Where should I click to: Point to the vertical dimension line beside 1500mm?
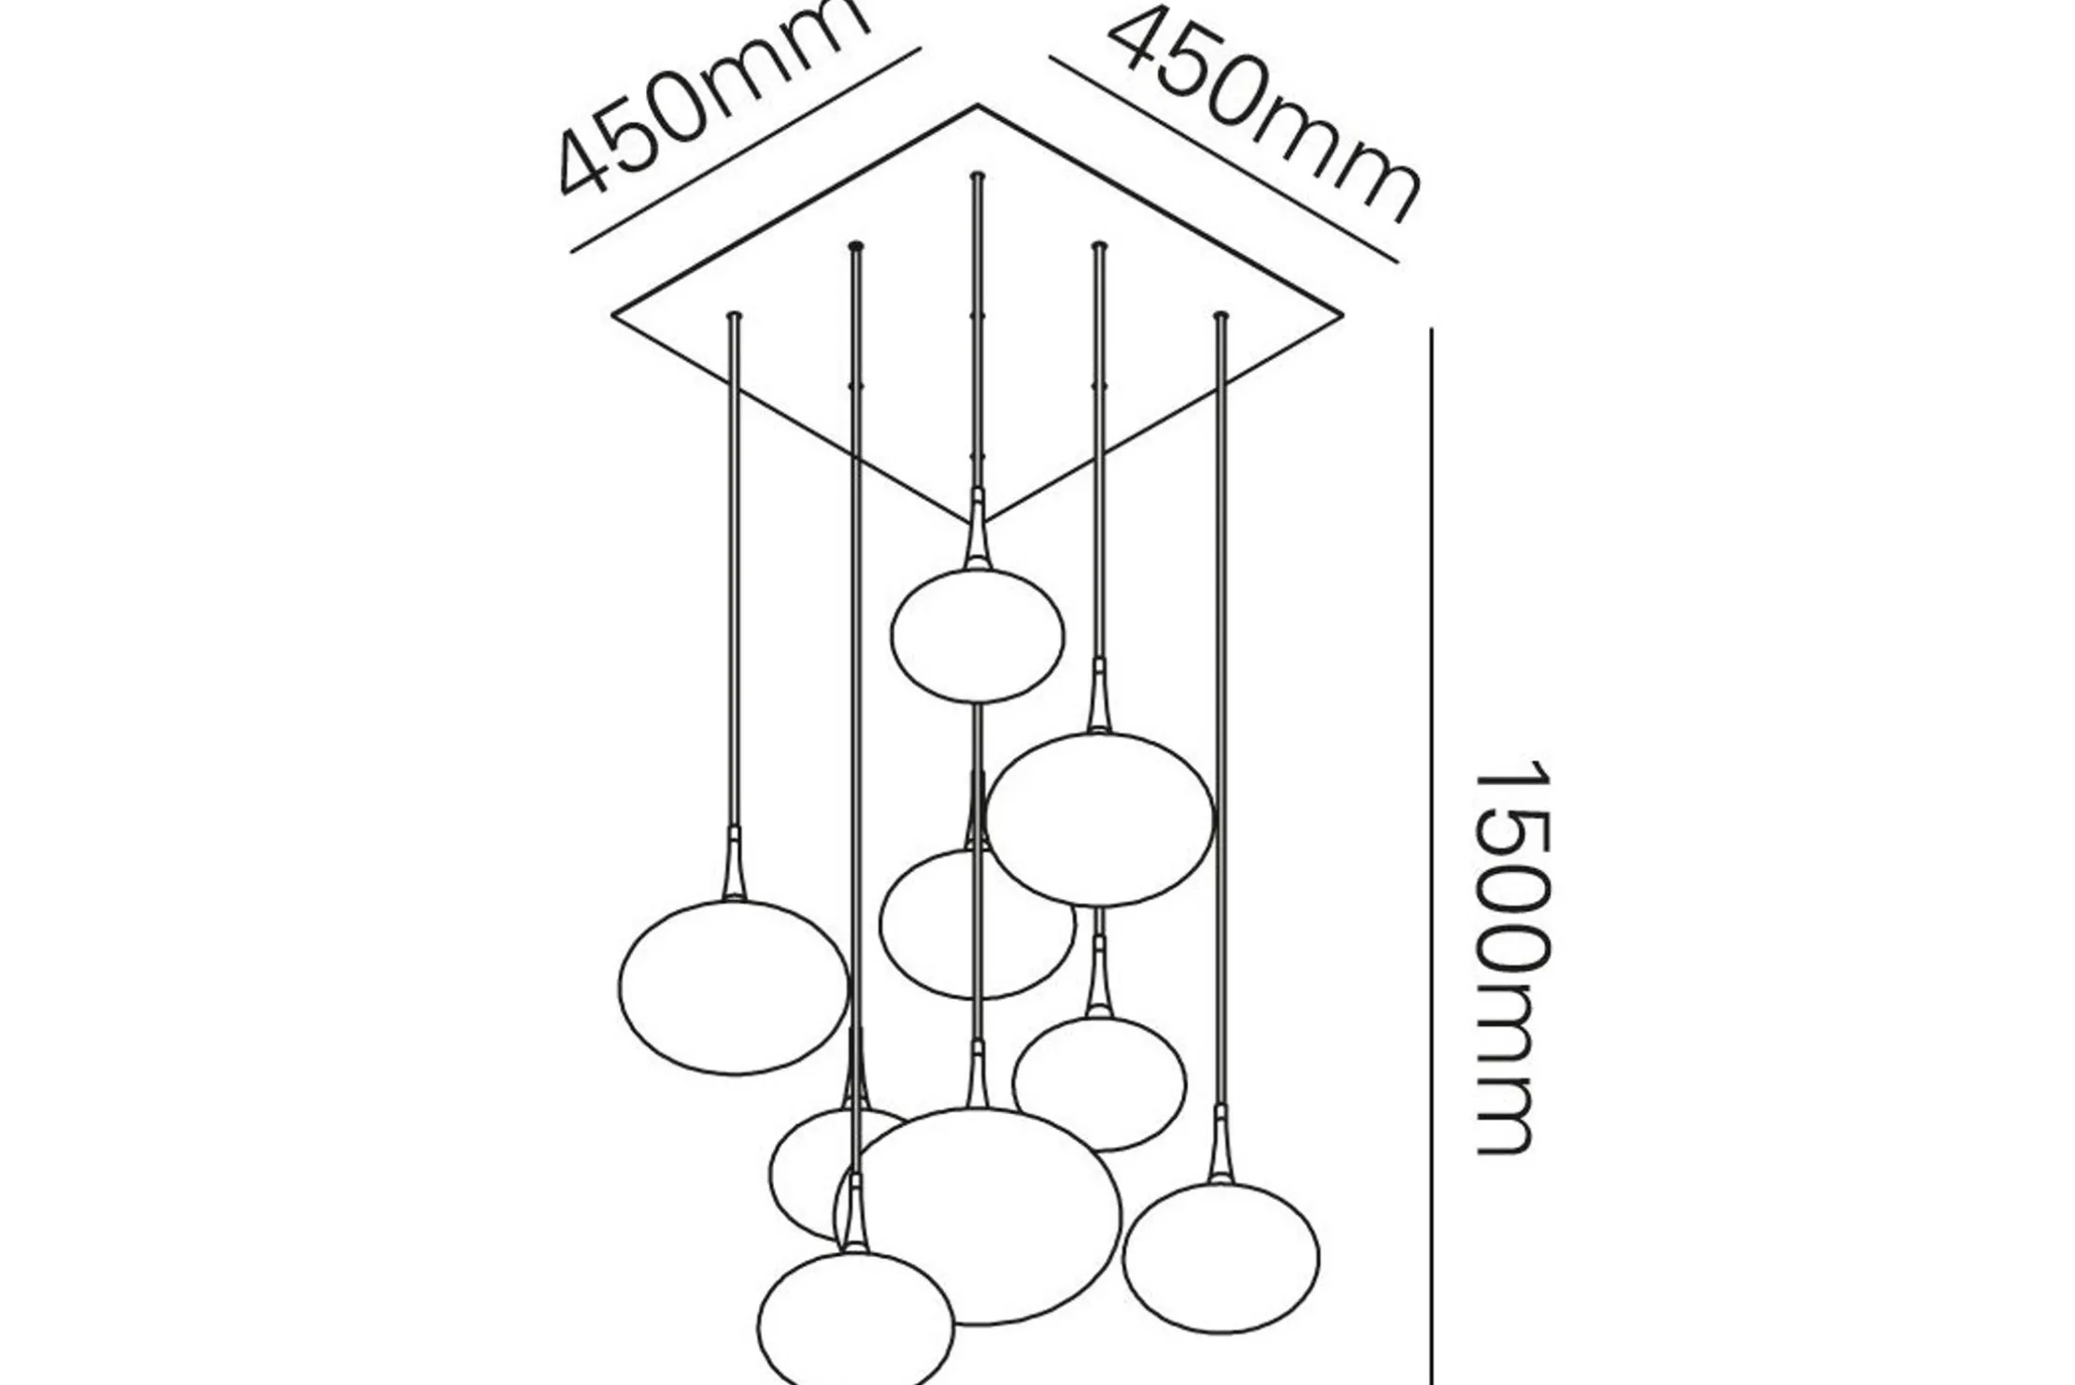[x=1432, y=856]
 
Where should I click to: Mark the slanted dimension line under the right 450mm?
[x=1224, y=160]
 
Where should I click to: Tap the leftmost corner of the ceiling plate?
[x=613, y=315]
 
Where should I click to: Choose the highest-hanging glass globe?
[x=977, y=635]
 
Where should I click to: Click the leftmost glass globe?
[x=733, y=987]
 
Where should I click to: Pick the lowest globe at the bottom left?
[x=855, y=1320]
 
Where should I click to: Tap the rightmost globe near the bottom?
[x=1221, y=1256]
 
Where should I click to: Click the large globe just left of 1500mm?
[x=1100, y=819]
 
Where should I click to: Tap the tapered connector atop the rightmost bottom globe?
[x=1220, y=1145]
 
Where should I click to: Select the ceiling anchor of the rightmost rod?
[x=1220, y=316]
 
